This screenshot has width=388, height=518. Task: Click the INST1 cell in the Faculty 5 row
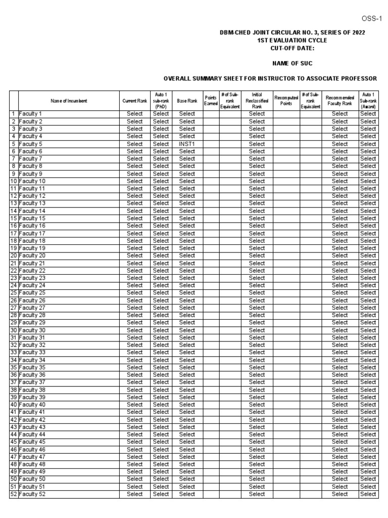(187, 144)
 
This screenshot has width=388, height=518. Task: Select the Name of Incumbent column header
(69, 101)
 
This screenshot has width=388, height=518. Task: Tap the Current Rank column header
(135, 101)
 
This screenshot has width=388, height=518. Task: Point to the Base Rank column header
(187, 101)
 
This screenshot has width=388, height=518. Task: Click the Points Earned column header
(211, 101)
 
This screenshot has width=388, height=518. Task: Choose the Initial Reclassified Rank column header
(257, 101)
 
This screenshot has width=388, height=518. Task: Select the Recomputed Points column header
(286, 101)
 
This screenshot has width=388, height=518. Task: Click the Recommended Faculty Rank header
(339, 101)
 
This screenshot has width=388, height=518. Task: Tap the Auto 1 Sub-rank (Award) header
(368, 101)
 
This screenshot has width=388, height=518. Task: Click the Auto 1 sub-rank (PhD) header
(161, 101)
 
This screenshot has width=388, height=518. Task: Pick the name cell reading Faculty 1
(31, 114)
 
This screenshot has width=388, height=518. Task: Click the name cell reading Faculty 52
(32, 494)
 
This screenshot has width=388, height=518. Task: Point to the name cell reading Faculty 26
(32, 300)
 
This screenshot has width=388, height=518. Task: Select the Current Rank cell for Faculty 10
(135, 181)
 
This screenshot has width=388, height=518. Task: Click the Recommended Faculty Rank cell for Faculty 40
(339, 405)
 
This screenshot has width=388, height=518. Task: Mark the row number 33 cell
(14, 352)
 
